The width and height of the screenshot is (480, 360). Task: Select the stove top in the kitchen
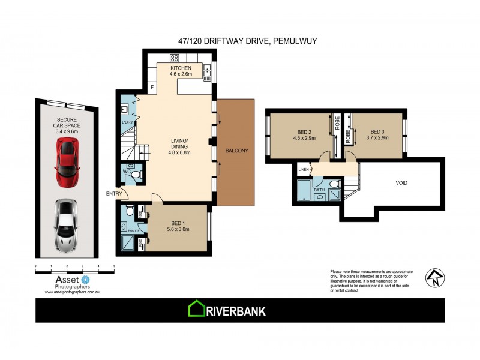coord(175,58)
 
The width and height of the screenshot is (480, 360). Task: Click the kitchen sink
coord(206,73)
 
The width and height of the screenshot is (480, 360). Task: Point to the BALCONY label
coord(238,151)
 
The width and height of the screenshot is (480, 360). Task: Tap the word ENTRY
coord(113,193)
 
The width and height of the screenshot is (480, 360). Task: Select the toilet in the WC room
coord(136,175)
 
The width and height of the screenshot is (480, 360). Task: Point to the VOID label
coord(402,182)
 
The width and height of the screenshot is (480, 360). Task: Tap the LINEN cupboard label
coord(304,170)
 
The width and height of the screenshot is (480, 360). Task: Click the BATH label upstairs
coord(319,190)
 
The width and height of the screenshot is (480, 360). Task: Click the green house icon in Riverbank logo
coord(197,310)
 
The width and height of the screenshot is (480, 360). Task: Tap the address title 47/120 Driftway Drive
coord(240,42)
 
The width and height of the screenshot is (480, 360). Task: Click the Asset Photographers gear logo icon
coord(85,279)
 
